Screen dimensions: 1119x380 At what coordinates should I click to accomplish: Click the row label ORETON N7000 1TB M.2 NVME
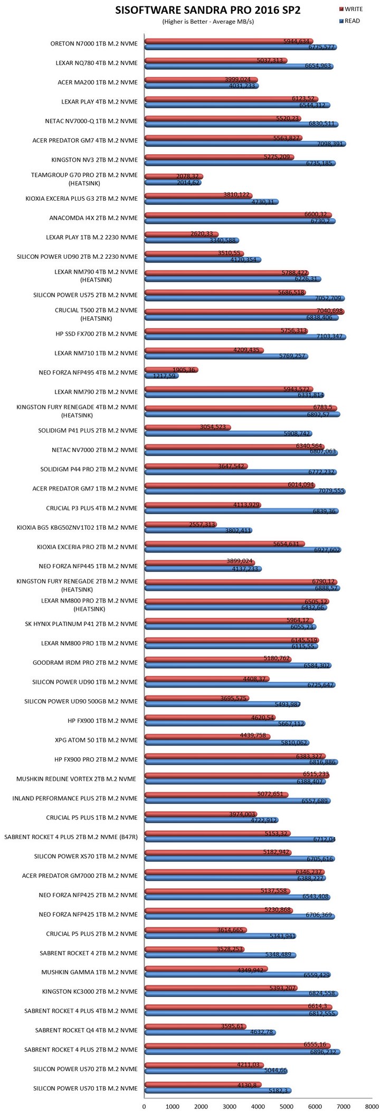tap(94, 44)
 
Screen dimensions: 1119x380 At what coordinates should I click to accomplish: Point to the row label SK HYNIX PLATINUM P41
tap(81, 624)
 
